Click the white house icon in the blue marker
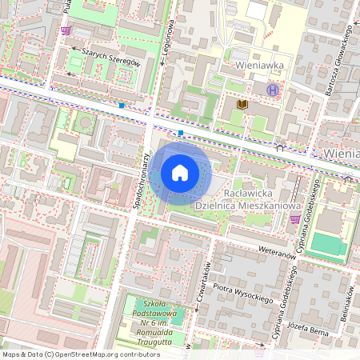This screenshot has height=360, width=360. (x=180, y=171)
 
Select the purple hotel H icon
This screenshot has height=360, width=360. (x=273, y=90)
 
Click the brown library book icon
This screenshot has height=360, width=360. (x=242, y=104)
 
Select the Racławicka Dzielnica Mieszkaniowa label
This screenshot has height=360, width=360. (x=242, y=198)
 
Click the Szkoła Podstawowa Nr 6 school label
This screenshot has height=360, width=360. (x=155, y=322)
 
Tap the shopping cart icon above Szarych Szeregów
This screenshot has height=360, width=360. (x=65, y=30)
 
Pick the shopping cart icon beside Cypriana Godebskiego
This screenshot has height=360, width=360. (x=295, y=218)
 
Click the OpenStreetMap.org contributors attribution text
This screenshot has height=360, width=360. (x=80, y=354)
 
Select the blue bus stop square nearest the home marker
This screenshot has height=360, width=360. (x=182, y=133)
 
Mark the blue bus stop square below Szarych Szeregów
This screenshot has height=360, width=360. (x=122, y=105)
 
